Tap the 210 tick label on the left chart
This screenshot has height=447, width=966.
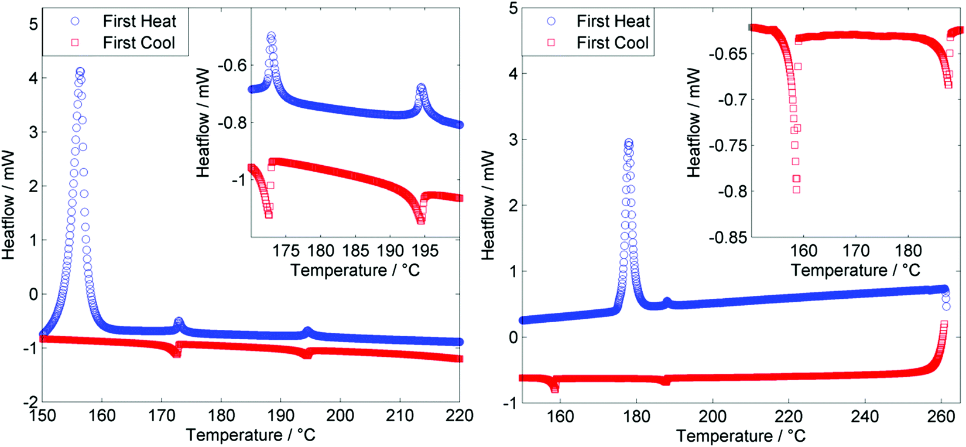tap(400, 415)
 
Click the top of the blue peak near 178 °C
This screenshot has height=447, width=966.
tap(629, 142)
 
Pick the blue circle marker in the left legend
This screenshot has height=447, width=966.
tap(75, 21)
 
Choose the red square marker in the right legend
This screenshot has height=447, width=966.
tap(551, 42)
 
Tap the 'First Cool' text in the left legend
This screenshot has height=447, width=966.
tap(139, 43)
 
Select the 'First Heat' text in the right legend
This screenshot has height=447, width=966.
tap(613, 21)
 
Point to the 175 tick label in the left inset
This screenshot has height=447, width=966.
tap(286, 251)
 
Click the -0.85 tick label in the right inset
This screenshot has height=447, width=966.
tap(728, 237)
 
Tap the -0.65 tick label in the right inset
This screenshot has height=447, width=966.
tap(728, 54)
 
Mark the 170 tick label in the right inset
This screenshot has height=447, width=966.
tap(856, 251)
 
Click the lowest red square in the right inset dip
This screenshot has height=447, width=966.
tap(796, 189)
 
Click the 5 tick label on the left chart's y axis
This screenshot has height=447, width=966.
tap(33, 24)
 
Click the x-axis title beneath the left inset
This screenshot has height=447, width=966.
tap(355, 270)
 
